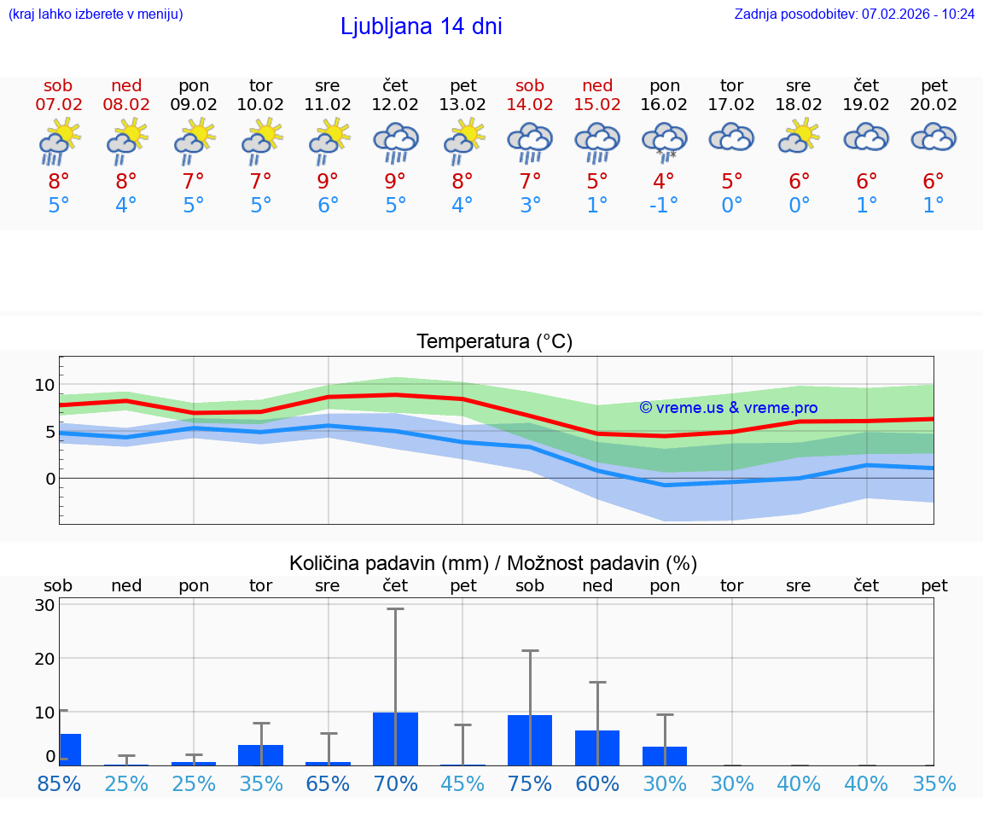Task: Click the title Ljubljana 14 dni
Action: (421, 26)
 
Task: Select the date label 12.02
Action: (395, 105)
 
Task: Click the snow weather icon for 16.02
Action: (664, 142)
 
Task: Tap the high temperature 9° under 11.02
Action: (327, 182)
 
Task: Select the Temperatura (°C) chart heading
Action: (494, 342)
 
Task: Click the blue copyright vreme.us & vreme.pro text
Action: (728, 408)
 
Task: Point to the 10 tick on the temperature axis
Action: (44, 385)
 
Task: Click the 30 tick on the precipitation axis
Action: (44, 606)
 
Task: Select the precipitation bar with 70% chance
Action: (395, 738)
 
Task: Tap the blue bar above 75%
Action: (530, 740)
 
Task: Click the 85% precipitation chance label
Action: (59, 784)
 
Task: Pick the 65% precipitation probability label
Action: (327, 784)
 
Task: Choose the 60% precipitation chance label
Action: (597, 784)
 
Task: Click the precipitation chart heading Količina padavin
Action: (493, 563)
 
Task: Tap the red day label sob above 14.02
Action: (530, 85)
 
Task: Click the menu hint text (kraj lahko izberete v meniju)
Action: (95, 14)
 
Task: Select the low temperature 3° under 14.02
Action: (530, 206)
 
